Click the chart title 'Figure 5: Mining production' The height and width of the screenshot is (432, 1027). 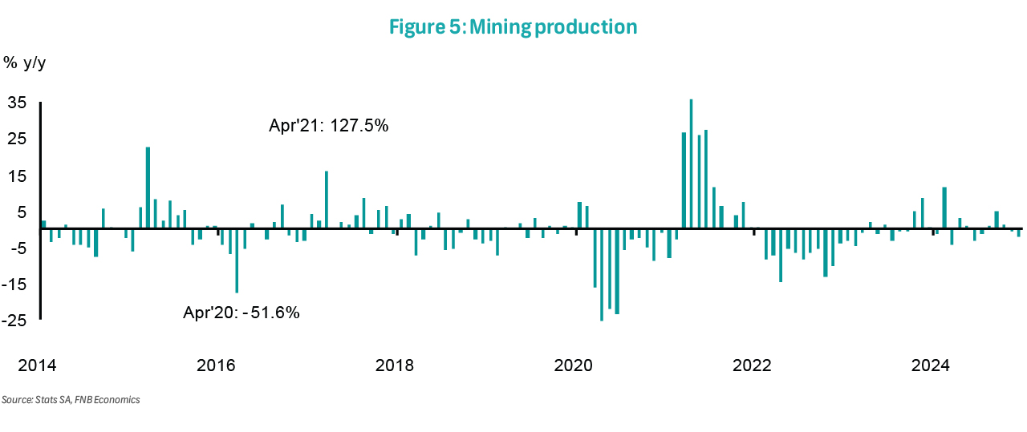click(x=513, y=26)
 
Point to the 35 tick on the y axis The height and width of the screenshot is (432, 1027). click(x=18, y=103)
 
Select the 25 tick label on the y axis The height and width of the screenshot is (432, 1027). click(x=18, y=139)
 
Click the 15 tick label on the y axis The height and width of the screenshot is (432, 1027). click(x=18, y=176)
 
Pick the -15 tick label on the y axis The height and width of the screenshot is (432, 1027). click(x=15, y=285)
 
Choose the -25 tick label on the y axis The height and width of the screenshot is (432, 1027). click(x=15, y=321)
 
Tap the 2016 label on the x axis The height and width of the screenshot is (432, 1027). click(x=216, y=366)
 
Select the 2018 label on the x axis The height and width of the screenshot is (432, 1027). click(x=395, y=366)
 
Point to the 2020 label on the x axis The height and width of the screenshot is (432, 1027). click(x=574, y=366)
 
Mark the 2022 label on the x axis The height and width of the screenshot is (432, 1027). click(x=753, y=366)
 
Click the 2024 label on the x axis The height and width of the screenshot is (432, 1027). click(x=932, y=366)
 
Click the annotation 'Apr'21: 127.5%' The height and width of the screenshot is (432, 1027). click(x=329, y=126)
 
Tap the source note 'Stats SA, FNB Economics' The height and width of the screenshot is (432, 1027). click(x=71, y=399)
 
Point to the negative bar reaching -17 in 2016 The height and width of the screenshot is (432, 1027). click(x=237, y=260)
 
